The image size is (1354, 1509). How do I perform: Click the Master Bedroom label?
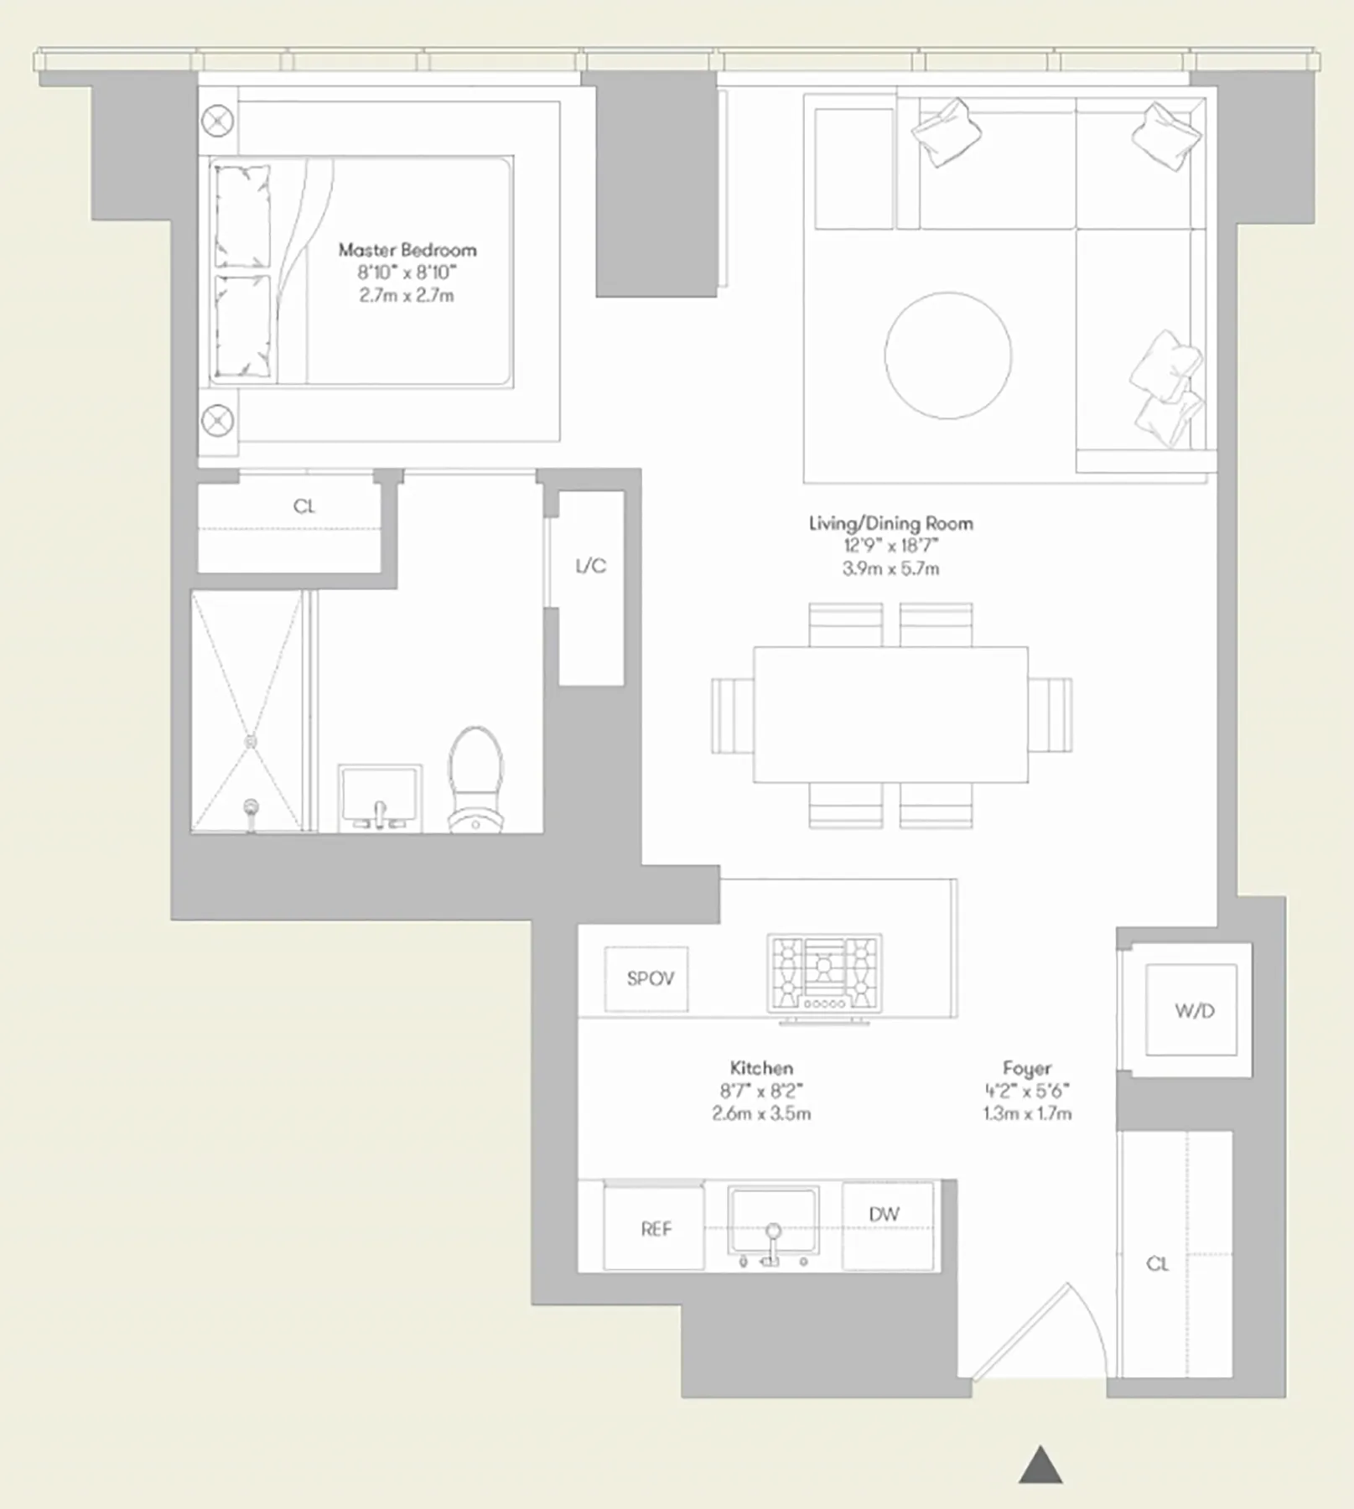coord(407,250)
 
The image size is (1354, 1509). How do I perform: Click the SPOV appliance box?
coord(646,978)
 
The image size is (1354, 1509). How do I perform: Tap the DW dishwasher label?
coord(884,1214)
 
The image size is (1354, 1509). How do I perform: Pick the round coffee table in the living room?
coord(947,355)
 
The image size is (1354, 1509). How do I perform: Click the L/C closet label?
coord(590,566)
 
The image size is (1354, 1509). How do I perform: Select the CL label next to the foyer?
coord(1157,1263)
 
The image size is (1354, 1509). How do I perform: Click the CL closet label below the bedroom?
coord(303,506)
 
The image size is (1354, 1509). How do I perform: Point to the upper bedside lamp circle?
coord(218,121)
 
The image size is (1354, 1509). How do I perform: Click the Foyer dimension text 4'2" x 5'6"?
coord(1026,1091)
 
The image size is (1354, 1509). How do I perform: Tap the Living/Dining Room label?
coord(890,523)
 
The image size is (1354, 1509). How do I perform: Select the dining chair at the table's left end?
coord(732,715)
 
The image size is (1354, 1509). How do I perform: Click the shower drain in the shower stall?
coord(250,742)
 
